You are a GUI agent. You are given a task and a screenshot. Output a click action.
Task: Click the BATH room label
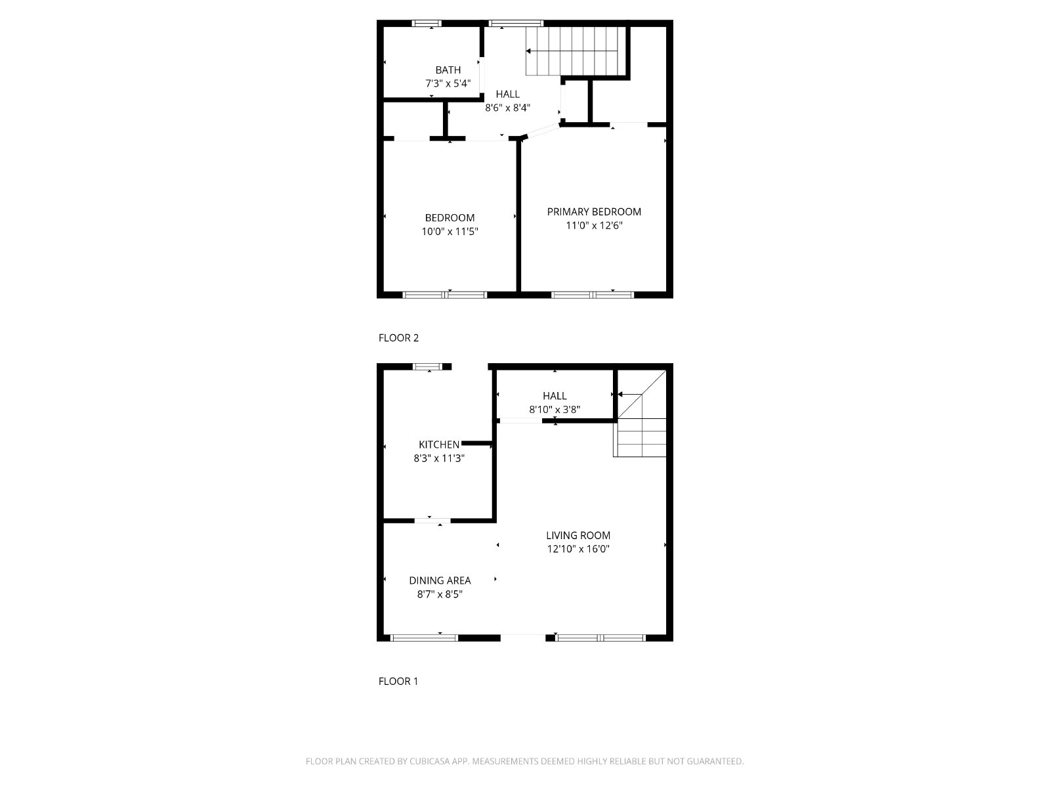pos(448,70)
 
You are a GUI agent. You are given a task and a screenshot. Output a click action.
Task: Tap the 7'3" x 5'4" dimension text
pos(448,84)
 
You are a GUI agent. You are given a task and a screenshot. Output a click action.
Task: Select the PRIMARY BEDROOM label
pos(594,211)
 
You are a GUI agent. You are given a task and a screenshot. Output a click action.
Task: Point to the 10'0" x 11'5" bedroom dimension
pos(450,232)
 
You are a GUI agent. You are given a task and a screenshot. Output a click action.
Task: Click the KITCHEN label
pos(438,445)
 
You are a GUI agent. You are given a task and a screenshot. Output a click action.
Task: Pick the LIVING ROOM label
pos(578,535)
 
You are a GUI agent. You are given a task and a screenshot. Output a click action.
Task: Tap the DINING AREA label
pos(440,580)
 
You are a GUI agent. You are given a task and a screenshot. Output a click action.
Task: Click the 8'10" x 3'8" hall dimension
pos(555,410)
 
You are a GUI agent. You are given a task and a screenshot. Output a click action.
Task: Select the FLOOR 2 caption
pos(398,338)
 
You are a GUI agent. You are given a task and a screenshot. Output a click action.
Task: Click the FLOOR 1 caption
pos(398,682)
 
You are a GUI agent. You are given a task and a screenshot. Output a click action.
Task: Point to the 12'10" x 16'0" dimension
pos(578,549)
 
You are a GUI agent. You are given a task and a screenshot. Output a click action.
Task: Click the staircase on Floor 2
pos(576,51)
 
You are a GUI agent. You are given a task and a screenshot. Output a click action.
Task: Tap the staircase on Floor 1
pos(640,414)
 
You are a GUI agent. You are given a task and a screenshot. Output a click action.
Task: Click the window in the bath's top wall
pos(427,23)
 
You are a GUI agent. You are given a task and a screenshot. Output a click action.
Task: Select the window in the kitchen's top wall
pos(428,366)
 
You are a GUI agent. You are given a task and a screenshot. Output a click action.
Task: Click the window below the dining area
pos(425,638)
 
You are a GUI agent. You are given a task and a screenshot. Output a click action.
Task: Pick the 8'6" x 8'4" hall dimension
pos(507,108)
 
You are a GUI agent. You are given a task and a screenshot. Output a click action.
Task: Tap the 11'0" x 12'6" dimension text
pos(594,225)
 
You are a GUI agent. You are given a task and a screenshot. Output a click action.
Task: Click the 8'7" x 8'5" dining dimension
pos(440,594)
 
